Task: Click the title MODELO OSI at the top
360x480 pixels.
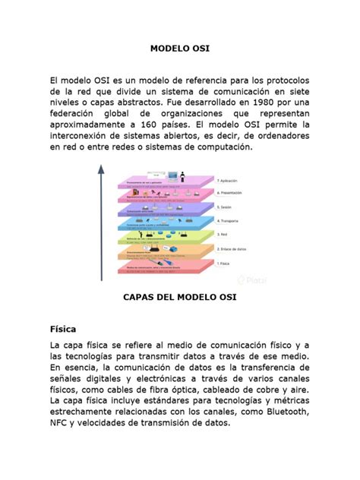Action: (179, 49)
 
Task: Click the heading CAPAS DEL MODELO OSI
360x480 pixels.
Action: (179, 298)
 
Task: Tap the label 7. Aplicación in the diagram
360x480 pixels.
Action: (228, 181)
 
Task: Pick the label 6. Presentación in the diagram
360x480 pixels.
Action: (230, 194)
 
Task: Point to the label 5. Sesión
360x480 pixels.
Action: (225, 207)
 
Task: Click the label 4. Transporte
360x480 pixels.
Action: (229, 221)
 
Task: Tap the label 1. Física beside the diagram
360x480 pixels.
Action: (223, 263)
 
